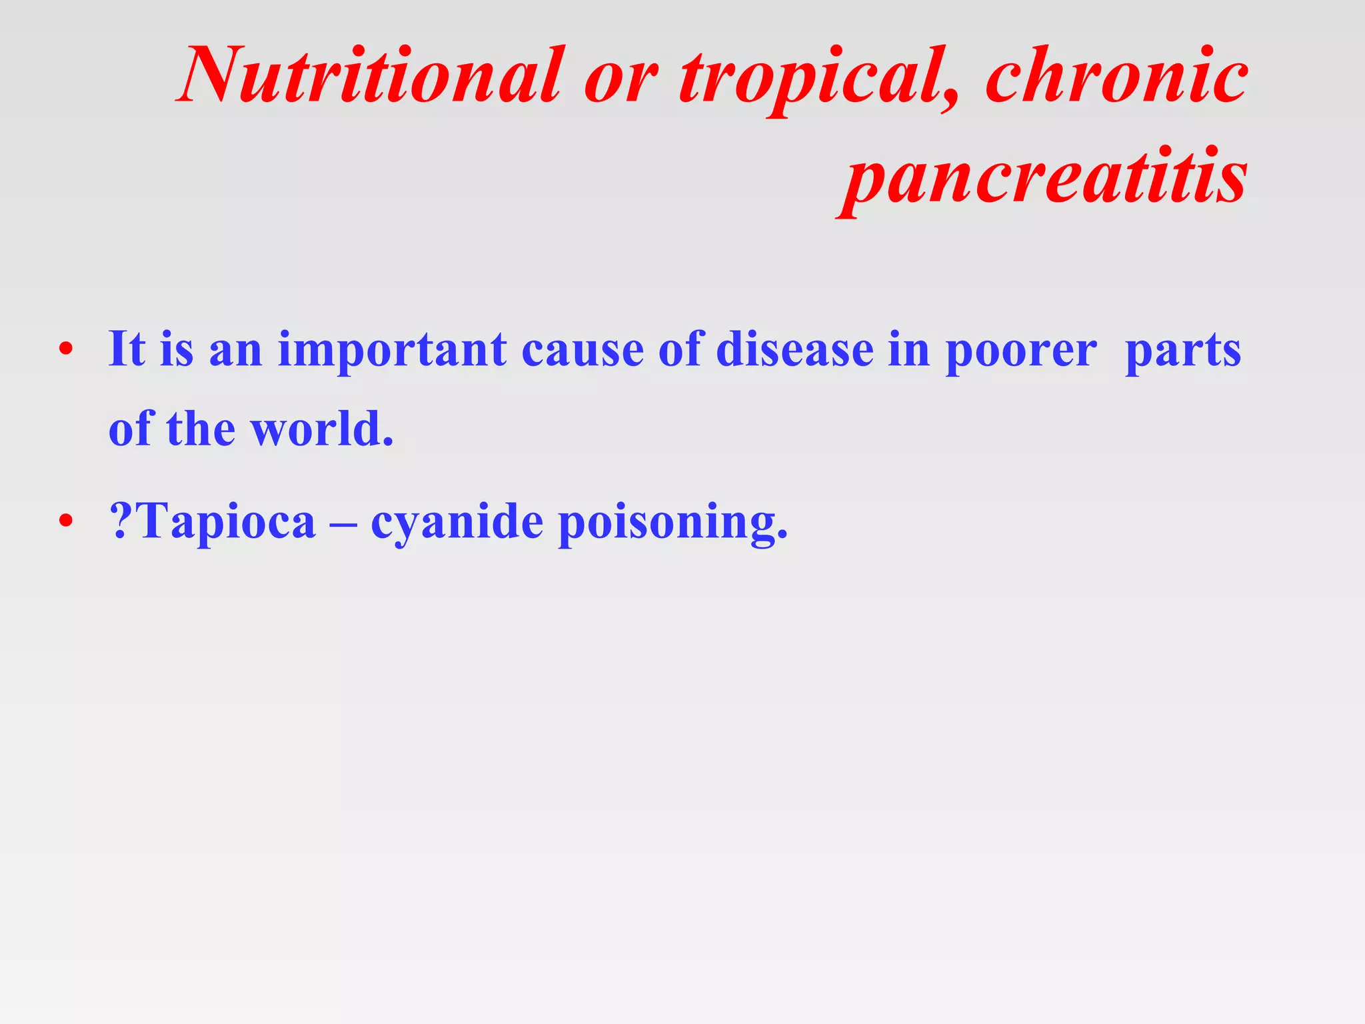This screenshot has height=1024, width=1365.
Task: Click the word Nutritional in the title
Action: tap(371, 75)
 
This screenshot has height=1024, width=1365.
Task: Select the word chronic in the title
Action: tap(1116, 75)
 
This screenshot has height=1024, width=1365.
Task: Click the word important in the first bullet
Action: tap(392, 351)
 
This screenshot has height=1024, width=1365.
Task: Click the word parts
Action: tap(1183, 352)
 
